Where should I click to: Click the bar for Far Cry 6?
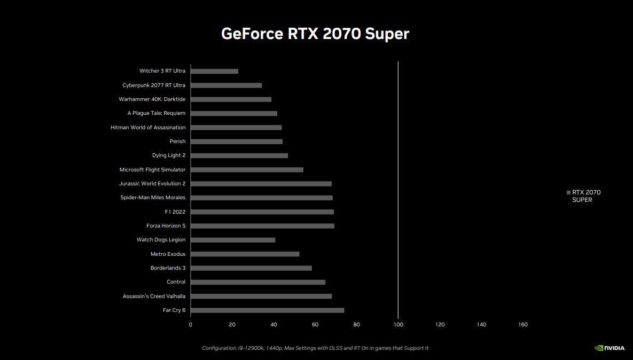point(267,310)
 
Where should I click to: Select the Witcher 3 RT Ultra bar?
point(214,71)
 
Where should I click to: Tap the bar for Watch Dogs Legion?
point(233,240)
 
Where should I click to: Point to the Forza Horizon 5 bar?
point(262,226)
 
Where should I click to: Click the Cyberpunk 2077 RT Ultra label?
point(154,85)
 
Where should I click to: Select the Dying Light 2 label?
point(169,155)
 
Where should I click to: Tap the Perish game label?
point(177,142)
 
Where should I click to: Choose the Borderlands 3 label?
point(168,268)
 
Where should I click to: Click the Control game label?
point(176,282)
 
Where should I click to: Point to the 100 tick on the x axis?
point(398,325)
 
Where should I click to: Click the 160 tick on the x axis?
point(523,325)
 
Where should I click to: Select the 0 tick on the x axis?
point(190,325)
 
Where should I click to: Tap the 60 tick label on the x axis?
point(315,325)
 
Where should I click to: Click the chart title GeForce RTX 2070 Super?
point(315,34)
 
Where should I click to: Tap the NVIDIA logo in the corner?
point(609,348)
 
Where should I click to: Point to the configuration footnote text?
point(315,348)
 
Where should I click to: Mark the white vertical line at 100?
point(398,187)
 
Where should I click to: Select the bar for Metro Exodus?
point(245,254)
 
